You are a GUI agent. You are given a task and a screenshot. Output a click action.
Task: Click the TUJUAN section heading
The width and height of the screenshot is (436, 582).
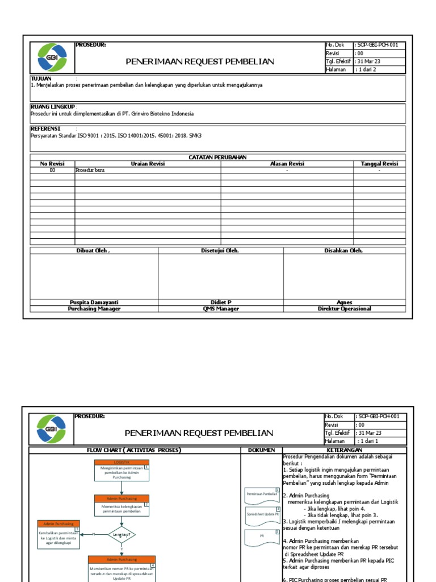[x=41, y=78]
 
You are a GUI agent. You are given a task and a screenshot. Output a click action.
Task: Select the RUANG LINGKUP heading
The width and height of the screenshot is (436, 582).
[x=52, y=106]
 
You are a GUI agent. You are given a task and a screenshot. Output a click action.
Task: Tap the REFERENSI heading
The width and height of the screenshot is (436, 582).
[x=45, y=128]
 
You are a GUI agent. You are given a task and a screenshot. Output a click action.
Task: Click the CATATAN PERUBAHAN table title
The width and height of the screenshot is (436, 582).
[x=217, y=157]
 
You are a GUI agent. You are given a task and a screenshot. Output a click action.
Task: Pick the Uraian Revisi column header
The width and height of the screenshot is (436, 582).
[x=148, y=164]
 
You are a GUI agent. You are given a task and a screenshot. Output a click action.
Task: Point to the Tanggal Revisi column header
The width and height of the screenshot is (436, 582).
[x=379, y=164]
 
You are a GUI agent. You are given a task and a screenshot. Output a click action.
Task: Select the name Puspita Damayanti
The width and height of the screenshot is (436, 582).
[x=94, y=302]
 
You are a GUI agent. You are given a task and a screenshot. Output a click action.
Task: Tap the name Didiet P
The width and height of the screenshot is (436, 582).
[x=221, y=302]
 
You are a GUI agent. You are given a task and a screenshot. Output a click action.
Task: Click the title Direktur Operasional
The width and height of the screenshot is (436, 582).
[x=345, y=309]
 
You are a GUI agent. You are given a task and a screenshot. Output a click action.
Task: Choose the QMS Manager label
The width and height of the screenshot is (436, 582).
[x=221, y=309]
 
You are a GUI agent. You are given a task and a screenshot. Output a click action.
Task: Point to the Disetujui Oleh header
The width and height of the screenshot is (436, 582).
[x=221, y=251]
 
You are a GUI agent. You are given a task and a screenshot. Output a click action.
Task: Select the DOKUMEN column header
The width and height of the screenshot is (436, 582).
[x=261, y=450]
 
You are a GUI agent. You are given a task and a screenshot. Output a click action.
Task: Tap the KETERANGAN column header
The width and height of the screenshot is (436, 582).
[x=344, y=450]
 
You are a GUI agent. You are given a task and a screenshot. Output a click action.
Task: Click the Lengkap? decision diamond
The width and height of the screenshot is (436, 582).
[x=121, y=534]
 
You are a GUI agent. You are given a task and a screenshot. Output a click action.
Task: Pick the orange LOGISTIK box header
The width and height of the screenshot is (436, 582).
[x=121, y=463]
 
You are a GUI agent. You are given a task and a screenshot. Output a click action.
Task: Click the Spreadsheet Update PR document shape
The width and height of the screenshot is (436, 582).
[x=263, y=515]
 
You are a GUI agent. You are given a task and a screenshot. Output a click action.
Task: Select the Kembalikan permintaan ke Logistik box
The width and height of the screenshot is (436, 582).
[x=58, y=538]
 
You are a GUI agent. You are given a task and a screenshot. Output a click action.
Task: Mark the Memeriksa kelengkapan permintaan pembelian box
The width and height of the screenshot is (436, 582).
[x=121, y=508]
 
